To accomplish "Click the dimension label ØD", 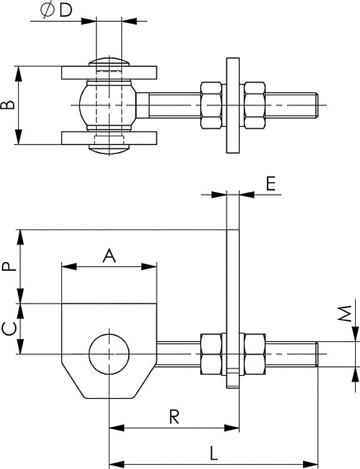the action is (x=56, y=10).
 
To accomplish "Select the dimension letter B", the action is (x=7, y=105).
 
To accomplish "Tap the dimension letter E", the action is (x=271, y=184).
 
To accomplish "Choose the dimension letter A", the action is (x=109, y=256).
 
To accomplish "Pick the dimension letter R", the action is (x=174, y=417).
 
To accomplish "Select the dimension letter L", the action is (x=213, y=453).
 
